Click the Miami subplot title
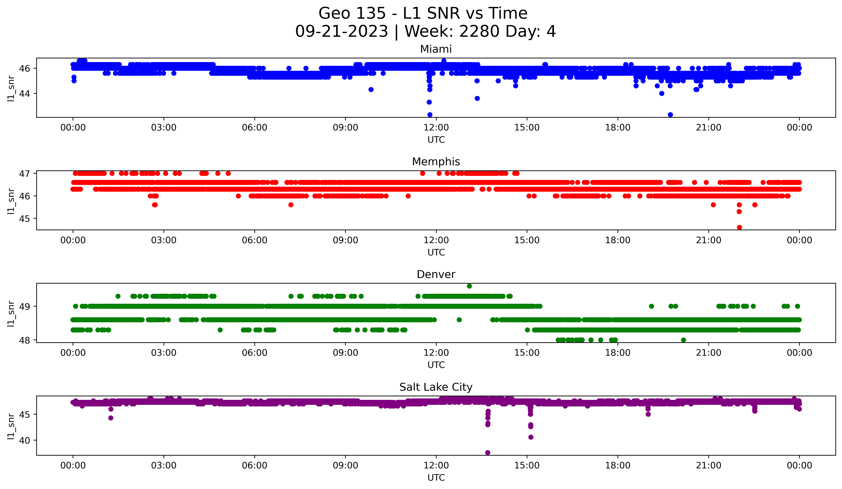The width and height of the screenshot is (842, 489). pyautogui.click(x=436, y=49)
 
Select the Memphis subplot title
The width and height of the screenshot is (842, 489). pyautogui.click(x=436, y=162)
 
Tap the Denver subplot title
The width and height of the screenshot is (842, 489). pyautogui.click(x=436, y=274)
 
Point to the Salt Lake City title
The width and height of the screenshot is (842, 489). pyautogui.click(x=436, y=387)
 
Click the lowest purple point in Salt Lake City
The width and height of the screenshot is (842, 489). pyautogui.click(x=488, y=453)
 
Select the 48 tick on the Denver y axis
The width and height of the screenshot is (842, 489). pyautogui.click(x=25, y=340)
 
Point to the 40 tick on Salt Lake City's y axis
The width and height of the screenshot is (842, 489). pyautogui.click(x=25, y=440)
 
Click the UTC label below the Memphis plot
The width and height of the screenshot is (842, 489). pyautogui.click(x=436, y=252)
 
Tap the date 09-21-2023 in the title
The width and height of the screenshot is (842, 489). pyautogui.click(x=341, y=31)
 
